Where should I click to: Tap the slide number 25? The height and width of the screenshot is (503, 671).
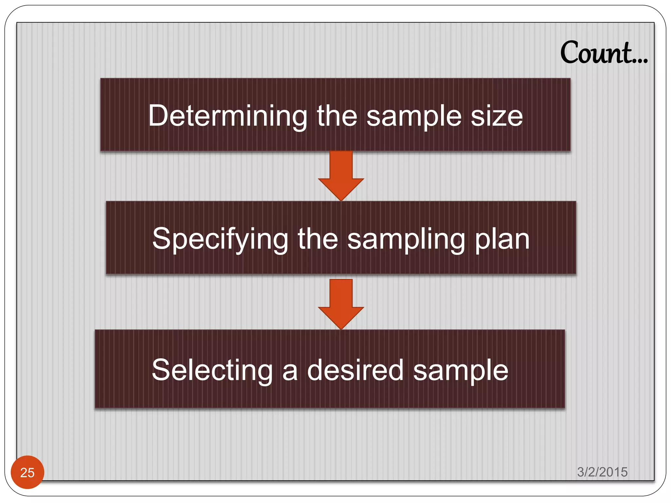click(27, 472)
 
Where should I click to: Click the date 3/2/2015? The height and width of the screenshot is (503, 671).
click(602, 472)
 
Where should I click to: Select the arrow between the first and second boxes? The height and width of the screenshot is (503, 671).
click(341, 175)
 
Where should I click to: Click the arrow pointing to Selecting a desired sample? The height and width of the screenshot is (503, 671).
click(341, 304)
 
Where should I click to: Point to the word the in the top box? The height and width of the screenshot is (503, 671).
click(337, 116)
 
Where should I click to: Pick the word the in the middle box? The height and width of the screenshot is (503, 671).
click(317, 239)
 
